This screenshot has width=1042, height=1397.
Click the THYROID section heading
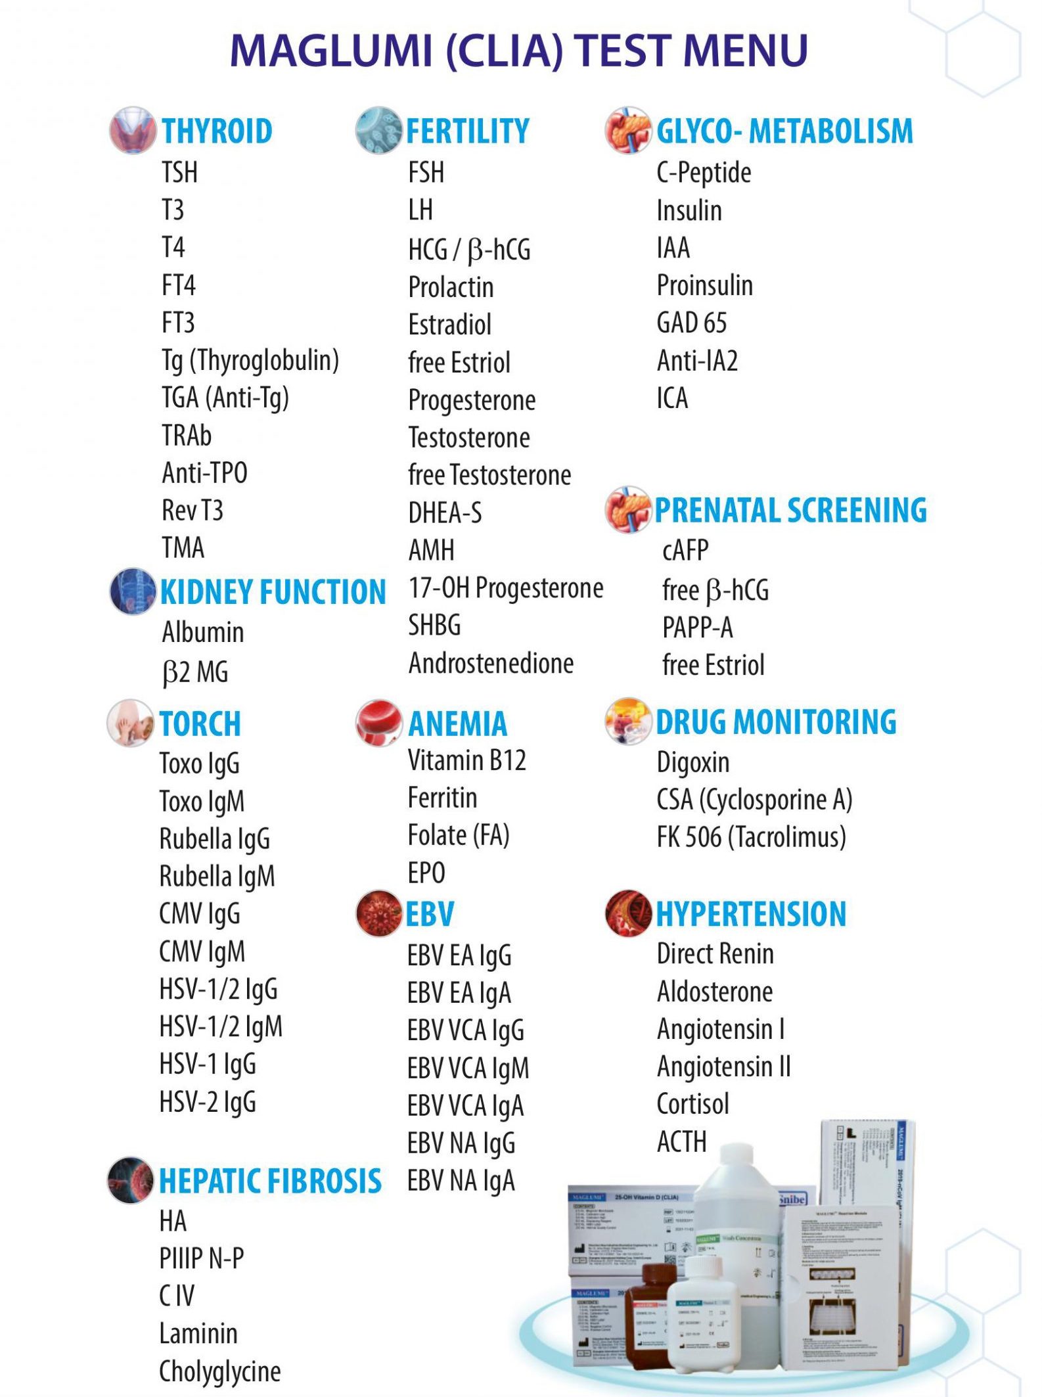(217, 131)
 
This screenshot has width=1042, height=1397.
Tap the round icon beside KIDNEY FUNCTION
(132, 591)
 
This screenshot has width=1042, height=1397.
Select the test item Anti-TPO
(204, 473)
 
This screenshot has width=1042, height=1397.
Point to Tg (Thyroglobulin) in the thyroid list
(250, 361)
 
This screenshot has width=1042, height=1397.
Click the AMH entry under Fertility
(431, 551)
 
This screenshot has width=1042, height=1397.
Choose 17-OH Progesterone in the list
(505, 588)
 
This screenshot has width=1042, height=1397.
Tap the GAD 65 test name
(691, 323)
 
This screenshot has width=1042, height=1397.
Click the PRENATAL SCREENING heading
(790, 511)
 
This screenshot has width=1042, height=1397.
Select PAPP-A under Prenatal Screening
(697, 628)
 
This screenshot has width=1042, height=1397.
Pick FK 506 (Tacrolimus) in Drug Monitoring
(751, 837)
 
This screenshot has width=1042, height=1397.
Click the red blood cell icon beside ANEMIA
(378, 722)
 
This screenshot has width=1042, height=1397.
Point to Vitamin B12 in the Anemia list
(466, 761)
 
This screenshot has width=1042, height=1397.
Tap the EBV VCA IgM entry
(468, 1068)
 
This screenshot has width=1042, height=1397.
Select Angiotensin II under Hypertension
(723, 1067)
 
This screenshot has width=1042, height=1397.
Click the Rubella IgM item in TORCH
(217, 877)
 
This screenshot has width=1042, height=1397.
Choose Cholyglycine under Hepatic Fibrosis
(219, 1372)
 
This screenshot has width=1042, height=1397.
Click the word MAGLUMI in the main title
(331, 51)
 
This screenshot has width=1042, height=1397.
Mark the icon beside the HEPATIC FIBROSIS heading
(130, 1180)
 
